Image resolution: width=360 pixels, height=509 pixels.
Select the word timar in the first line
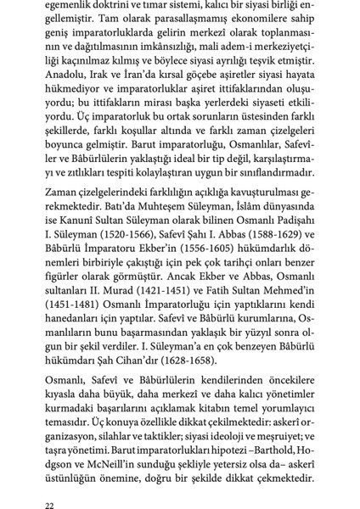pyautogui.click(x=159, y=4)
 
